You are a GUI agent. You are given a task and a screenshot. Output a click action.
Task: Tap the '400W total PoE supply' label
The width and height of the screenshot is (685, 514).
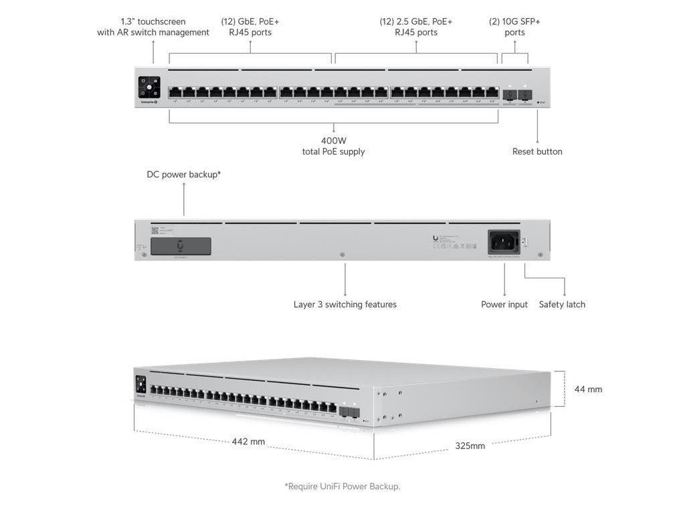(x=333, y=146)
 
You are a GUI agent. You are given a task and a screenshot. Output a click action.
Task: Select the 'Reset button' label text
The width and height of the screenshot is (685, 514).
(x=537, y=151)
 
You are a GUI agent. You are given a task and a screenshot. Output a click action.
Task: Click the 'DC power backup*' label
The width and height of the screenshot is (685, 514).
(x=184, y=175)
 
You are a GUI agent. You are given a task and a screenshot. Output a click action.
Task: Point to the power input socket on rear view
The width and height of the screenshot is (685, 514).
(x=504, y=242)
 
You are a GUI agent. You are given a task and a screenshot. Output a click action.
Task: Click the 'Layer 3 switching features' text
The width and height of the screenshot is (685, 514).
(x=345, y=305)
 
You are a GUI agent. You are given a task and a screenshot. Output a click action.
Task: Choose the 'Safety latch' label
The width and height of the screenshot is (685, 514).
(x=562, y=305)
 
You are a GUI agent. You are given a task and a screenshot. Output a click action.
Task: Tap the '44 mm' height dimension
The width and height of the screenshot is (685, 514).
(x=588, y=389)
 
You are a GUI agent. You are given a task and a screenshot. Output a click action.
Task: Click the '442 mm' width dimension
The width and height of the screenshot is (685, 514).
(x=248, y=442)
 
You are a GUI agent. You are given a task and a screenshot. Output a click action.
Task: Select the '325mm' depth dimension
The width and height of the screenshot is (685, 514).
(x=470, y=445)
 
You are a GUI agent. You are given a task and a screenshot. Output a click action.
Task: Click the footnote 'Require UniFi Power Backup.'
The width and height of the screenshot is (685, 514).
(x=342, y=487)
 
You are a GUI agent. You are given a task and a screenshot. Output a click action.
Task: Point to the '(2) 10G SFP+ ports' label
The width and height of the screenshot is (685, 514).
(x=514, y=27)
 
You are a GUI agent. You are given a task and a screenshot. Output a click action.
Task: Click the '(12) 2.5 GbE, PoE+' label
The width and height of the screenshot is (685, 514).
(x=416, y=27)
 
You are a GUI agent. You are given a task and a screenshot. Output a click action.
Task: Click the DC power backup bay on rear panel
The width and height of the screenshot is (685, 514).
(x=181, y=246)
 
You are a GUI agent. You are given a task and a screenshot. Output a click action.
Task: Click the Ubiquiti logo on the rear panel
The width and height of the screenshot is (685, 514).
(x=436, y=237)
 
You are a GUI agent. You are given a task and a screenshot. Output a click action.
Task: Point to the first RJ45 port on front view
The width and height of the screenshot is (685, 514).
(x=175, y=92)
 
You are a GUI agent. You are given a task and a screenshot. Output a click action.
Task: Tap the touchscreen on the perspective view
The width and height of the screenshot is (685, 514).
(x=141, y=384)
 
